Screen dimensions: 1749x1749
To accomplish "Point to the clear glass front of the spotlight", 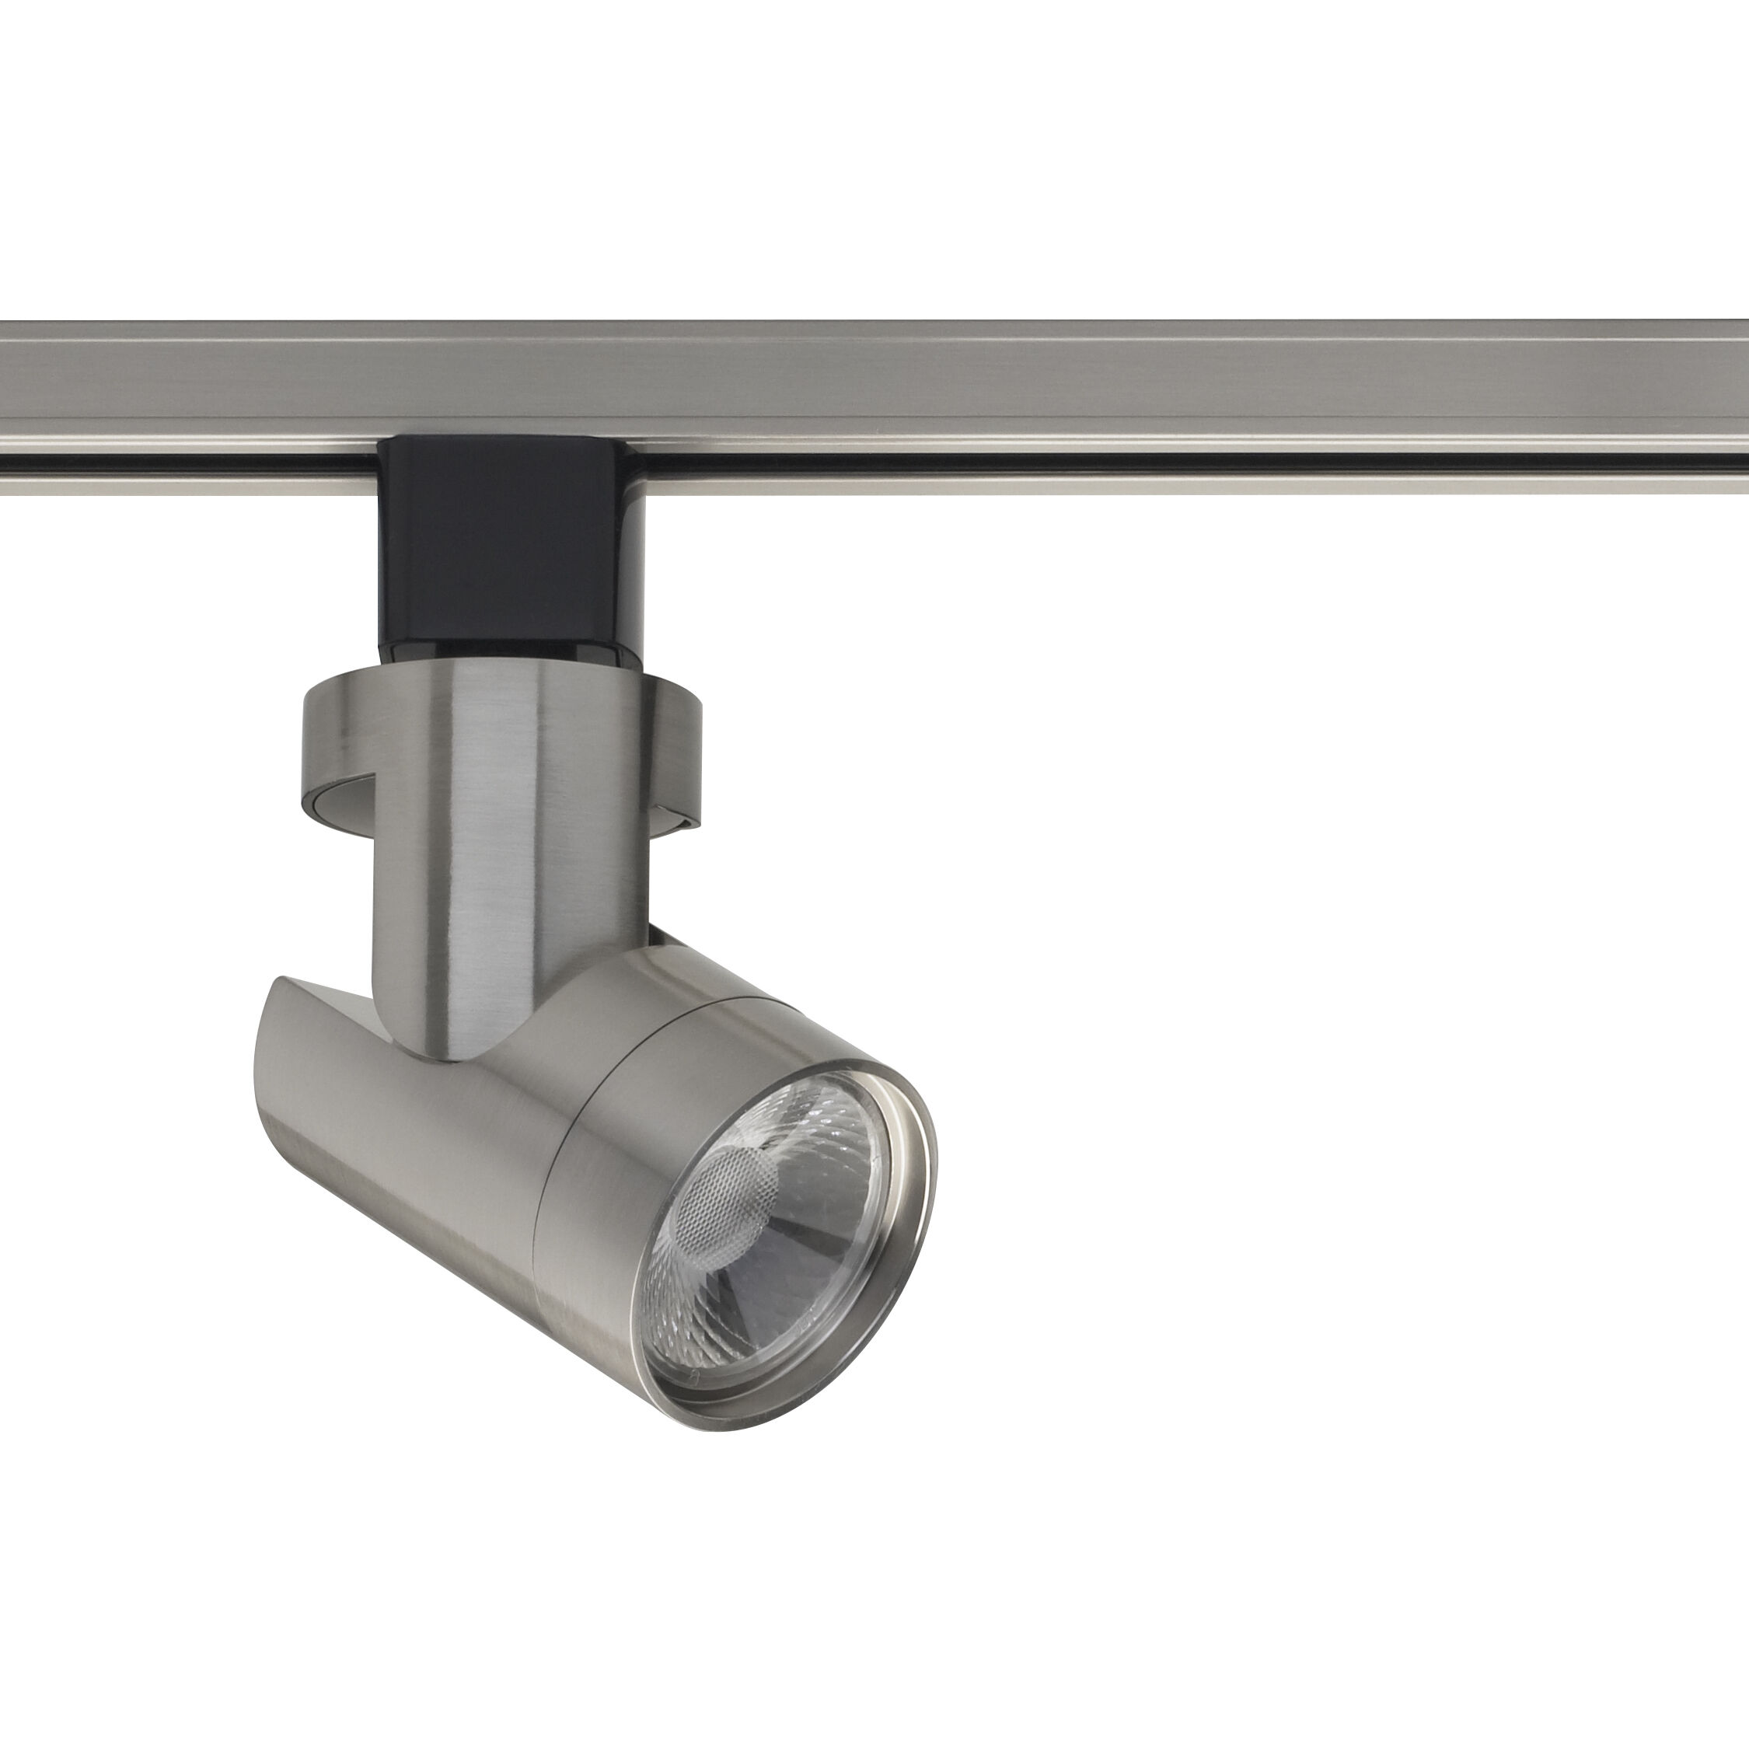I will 779,1267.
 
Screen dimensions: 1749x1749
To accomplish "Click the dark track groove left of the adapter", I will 181,458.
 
